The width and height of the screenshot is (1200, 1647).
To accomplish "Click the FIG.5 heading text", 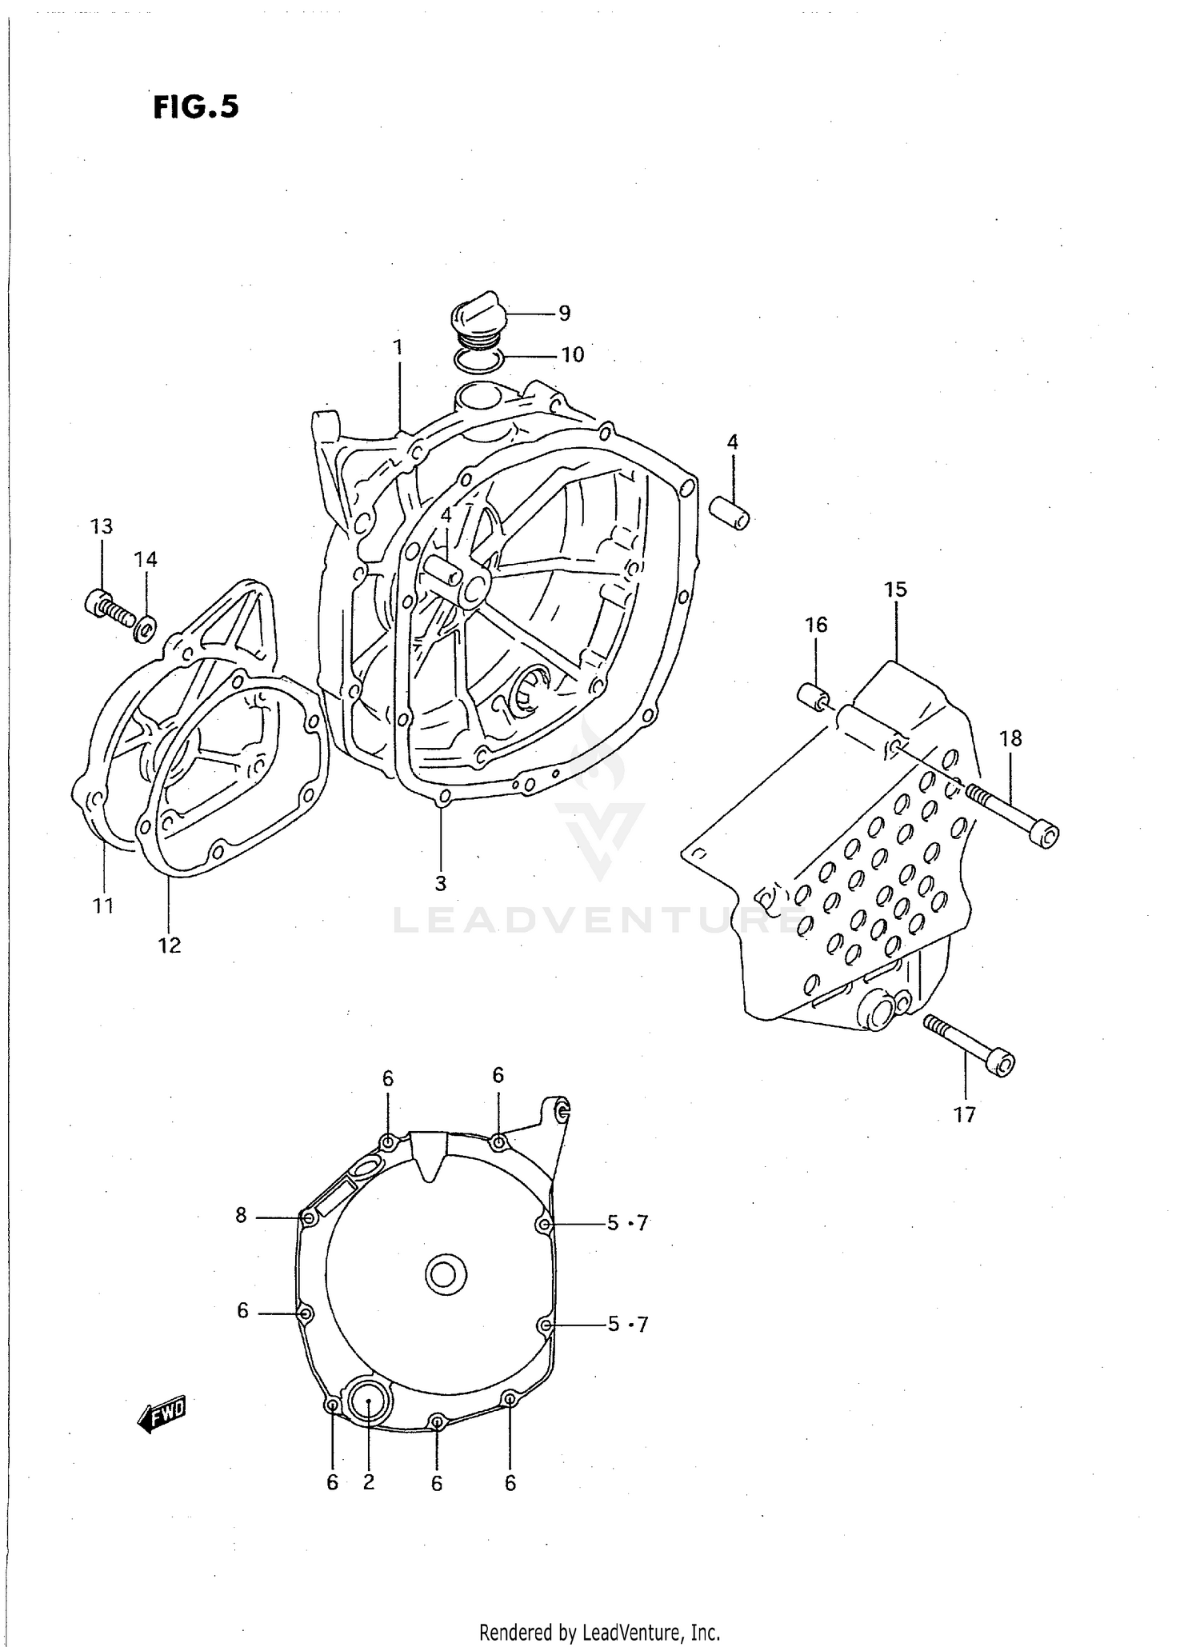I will click(x=196, y=107).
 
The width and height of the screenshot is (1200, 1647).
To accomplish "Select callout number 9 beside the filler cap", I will click(x=565, y=314).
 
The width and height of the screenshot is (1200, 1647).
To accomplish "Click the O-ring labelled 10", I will click(x=477, y=361).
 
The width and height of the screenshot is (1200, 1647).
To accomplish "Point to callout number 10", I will click(x=573, y=354).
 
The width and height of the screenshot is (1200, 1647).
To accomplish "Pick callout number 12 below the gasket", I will click(x=170, y=945).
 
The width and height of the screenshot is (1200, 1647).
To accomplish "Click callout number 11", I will click(x=103, y=906).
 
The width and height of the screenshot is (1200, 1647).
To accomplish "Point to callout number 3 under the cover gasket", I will click(x=441, y=884).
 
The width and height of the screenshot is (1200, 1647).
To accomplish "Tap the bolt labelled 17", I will click(x=970, y=1043).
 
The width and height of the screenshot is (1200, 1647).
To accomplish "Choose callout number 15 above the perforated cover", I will click(x=896, y=590).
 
